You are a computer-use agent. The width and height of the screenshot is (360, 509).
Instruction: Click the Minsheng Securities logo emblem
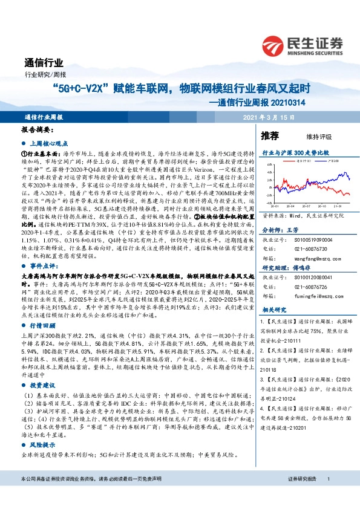(x=276, y=45)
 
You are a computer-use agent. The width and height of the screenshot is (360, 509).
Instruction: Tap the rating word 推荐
(x=270, y=135)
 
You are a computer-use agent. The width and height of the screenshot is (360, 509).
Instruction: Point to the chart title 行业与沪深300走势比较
(x=295, y=154)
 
